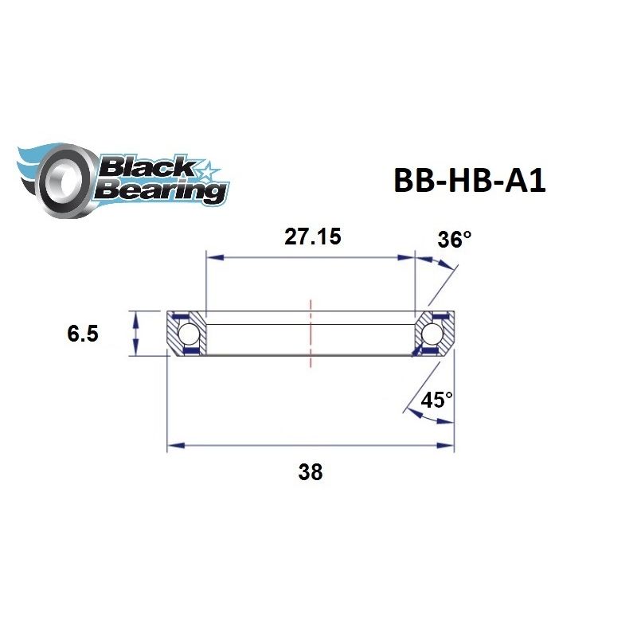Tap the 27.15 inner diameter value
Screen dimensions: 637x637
click(x=311, y=237)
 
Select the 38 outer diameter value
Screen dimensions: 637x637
click(x=310, y=471)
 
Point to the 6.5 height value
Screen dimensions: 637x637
click(x=83, y=334)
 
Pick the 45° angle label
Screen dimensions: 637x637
click(x=436, y=400)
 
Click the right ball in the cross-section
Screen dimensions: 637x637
click(x=435, y=332)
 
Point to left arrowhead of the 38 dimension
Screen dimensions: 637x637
click(x=172, y=446)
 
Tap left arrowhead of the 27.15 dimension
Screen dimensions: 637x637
click(x=212, y=257)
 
